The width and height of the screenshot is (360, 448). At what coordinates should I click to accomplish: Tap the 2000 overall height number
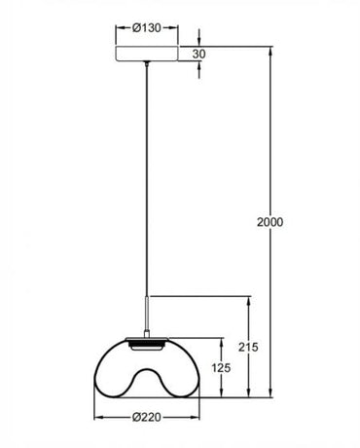[271, 223]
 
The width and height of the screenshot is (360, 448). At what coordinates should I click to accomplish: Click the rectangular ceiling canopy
[147, 55]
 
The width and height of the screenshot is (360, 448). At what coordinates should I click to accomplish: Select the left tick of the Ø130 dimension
[116, 27]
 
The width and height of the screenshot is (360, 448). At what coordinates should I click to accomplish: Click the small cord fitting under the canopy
[147, 66]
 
